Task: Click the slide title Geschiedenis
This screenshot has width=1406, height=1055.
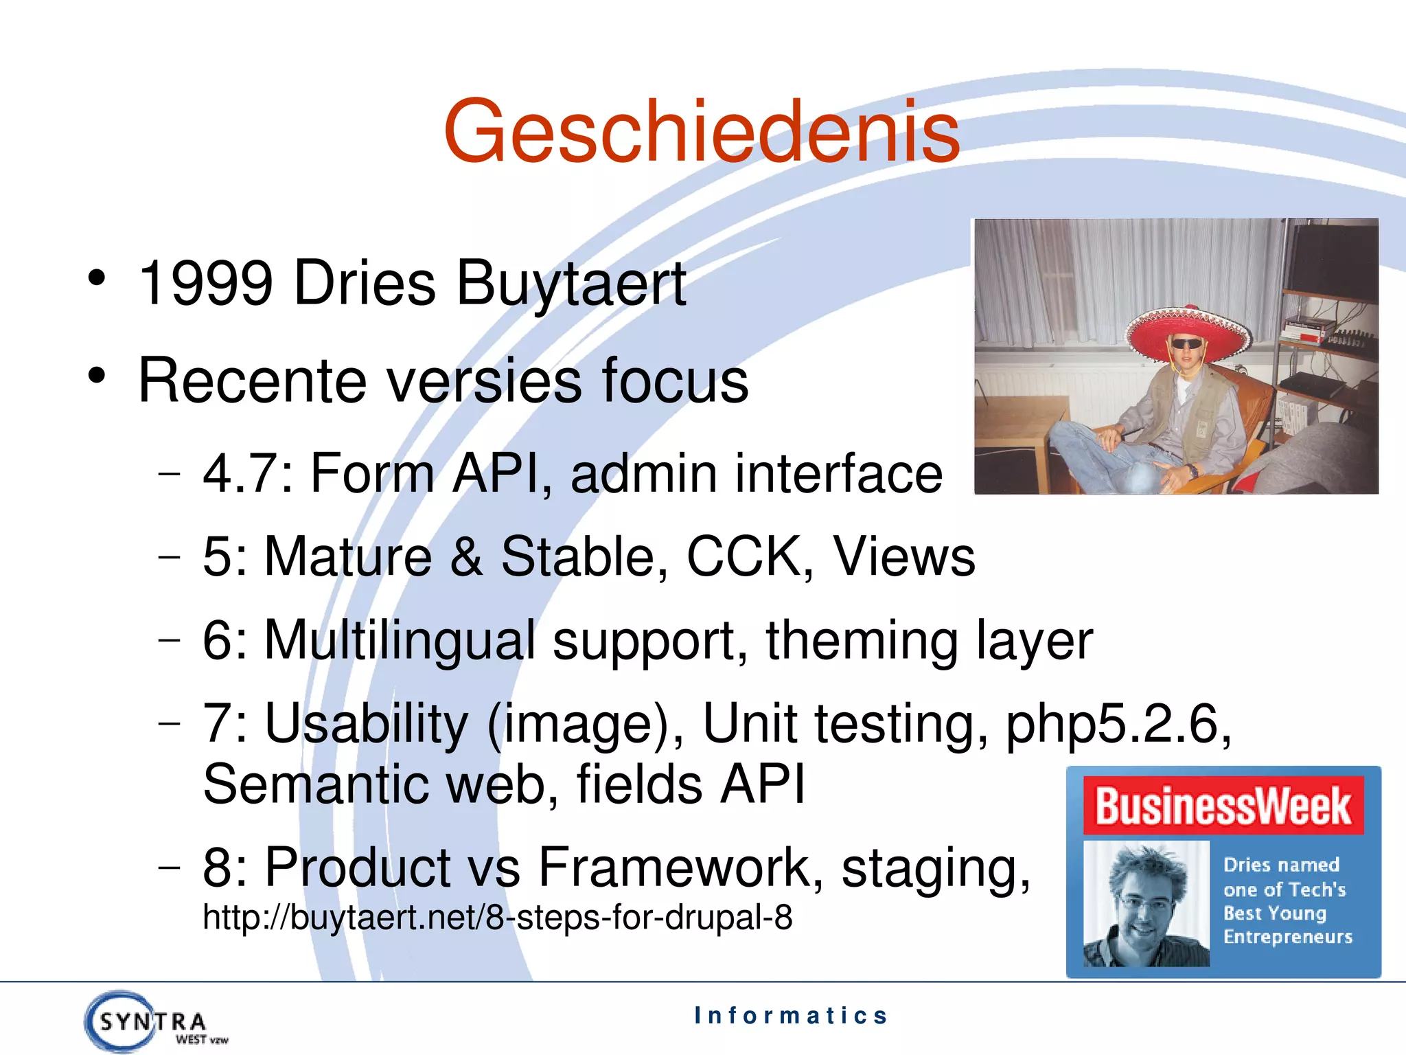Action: click(702, 132)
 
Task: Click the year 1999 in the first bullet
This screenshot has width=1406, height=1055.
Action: click(206, 283)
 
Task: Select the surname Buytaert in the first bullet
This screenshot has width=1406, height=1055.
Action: click(571, 284)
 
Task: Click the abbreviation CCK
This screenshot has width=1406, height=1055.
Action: click(744, 556)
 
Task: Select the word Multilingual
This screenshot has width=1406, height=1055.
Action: click(400, 640)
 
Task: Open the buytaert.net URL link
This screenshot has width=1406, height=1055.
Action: click(498, 918)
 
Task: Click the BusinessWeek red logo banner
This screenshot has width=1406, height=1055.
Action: click(1223, 806)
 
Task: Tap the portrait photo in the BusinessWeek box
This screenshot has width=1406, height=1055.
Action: click(1146, 904)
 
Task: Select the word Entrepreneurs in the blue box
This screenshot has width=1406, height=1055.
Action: click(1287, 937)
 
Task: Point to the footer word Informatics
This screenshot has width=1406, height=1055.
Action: click(791, 1015)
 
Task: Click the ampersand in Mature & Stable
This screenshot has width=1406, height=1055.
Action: click(466, 556)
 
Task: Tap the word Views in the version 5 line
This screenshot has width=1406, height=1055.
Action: click(903, 556)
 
